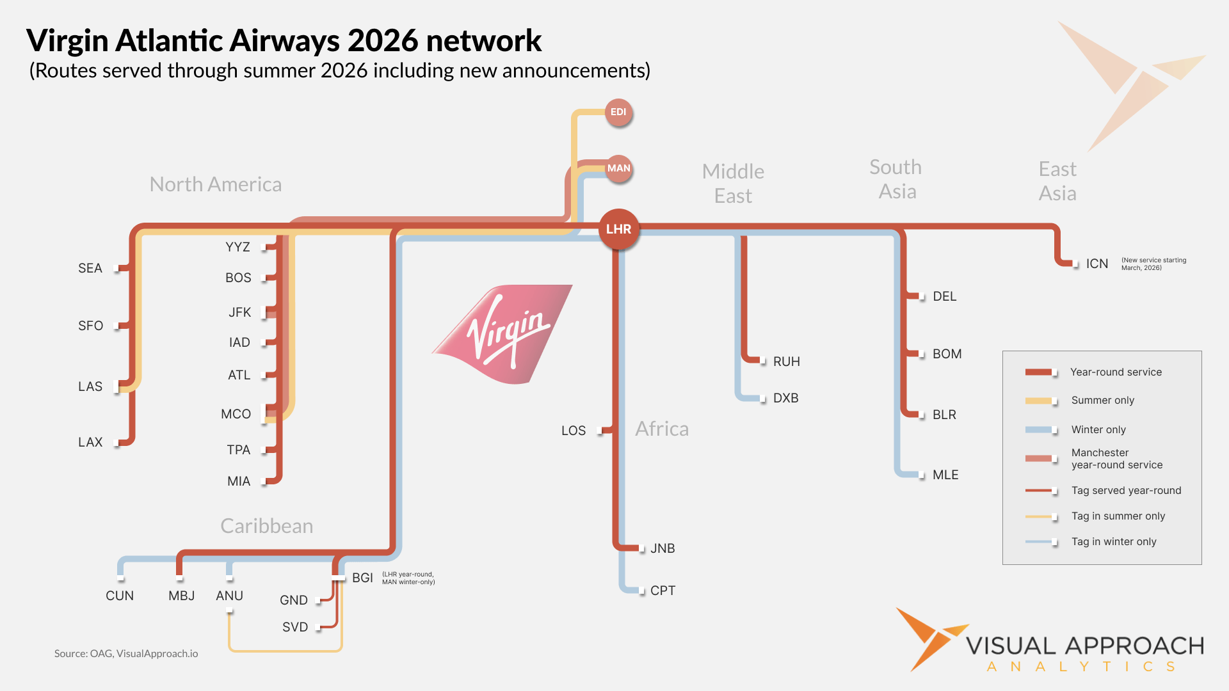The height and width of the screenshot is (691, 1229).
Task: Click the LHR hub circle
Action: [x=618, y=229]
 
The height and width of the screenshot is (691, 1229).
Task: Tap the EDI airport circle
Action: [x=618, y=113]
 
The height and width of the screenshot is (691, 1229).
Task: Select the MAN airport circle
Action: [x=618, y=168]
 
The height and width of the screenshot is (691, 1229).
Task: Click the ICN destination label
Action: [x=1096, y=264]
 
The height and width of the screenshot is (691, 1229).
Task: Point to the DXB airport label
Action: [x=785, y=398]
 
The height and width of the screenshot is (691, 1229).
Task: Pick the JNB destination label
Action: [x=663, y=548]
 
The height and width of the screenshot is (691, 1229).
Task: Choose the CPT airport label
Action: [x=663, y=591]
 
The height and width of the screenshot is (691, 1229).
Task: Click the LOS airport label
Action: [x=573, y=431]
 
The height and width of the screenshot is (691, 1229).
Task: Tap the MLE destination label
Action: [x=945, y=475]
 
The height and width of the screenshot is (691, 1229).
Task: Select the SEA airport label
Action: [x=90, y=268]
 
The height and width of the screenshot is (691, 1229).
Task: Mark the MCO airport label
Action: [x=236, y=414]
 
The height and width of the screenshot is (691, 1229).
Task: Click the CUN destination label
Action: [x=120, y=596]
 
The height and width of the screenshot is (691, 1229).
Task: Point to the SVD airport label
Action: [x=295, y=627]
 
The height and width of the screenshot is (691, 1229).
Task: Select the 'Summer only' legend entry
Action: [x=1102, y=401]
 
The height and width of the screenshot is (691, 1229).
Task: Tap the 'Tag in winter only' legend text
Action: [x=1114, y=542]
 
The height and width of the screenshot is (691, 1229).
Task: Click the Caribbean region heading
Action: [x=267, y=526]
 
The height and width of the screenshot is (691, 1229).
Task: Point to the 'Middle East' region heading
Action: [x=733, y=184]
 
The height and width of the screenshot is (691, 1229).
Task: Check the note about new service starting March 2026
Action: [x=1153, y=264]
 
